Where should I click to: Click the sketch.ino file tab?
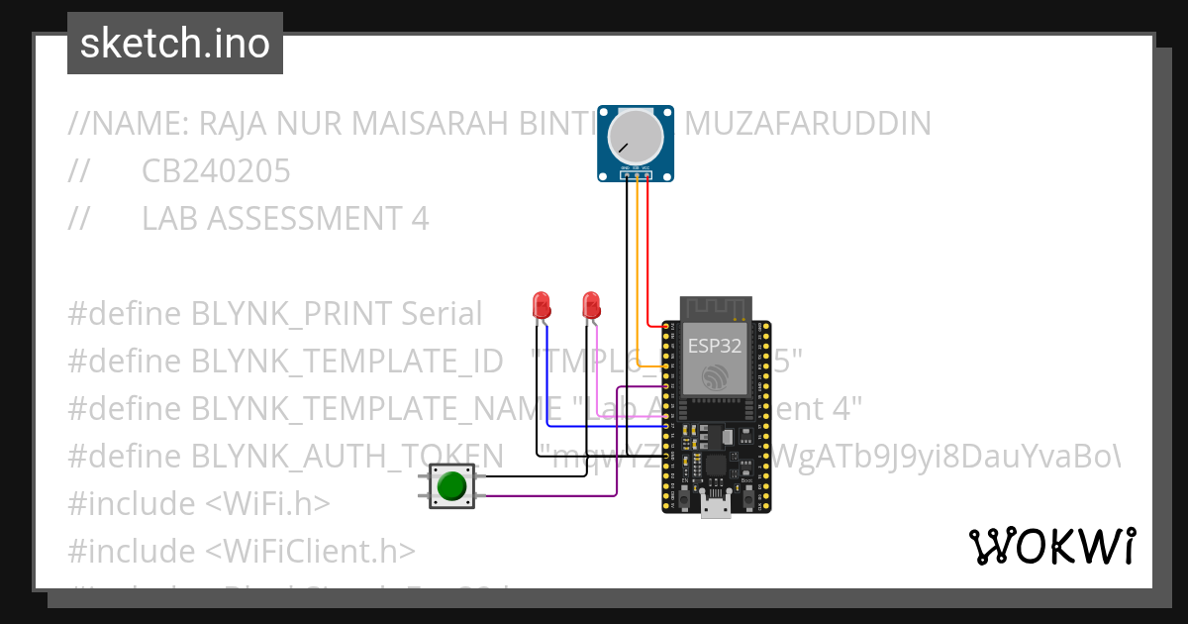pyautogui.click(x=174, y=44)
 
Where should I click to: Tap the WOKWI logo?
pyautogui.click(x=1051, y=546)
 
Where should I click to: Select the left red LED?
pyautogui.click(x=541, y=304)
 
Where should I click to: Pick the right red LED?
pyautogui.click(x=591, y=304)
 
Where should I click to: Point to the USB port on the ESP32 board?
pyautogui.click(x=715, y=506)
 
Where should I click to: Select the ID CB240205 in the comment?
pyautogui.click(x=216, y=171)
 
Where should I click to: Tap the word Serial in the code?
pyautogui.click(x=442, y=313)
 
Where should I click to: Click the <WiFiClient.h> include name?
pyautogui.click(x=311, y=551)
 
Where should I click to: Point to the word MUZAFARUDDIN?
pyautogui.click(x=808, y=124)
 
